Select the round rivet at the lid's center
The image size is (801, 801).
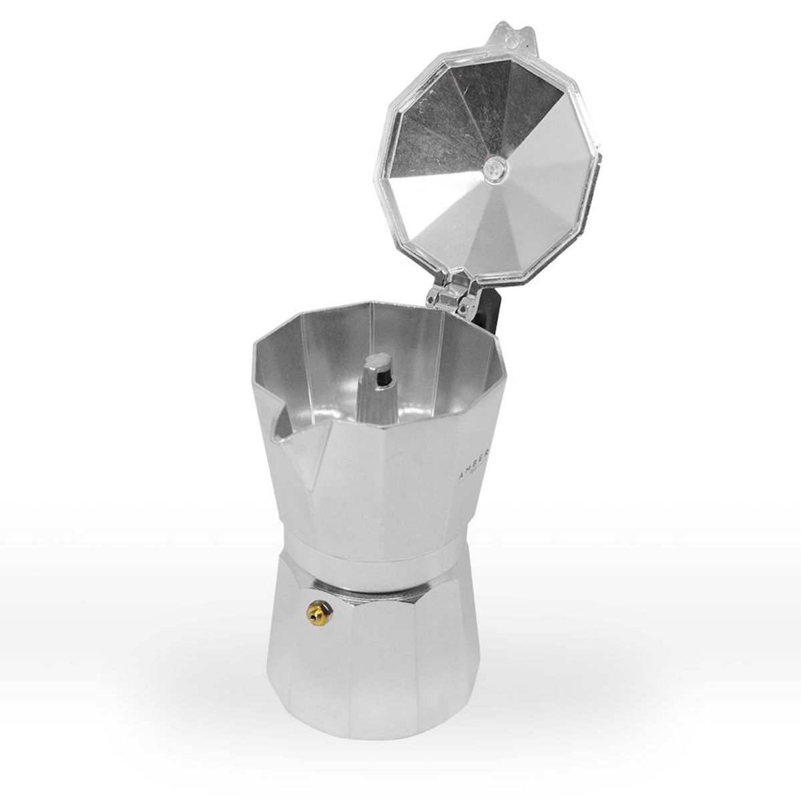[x=495, y=166]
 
